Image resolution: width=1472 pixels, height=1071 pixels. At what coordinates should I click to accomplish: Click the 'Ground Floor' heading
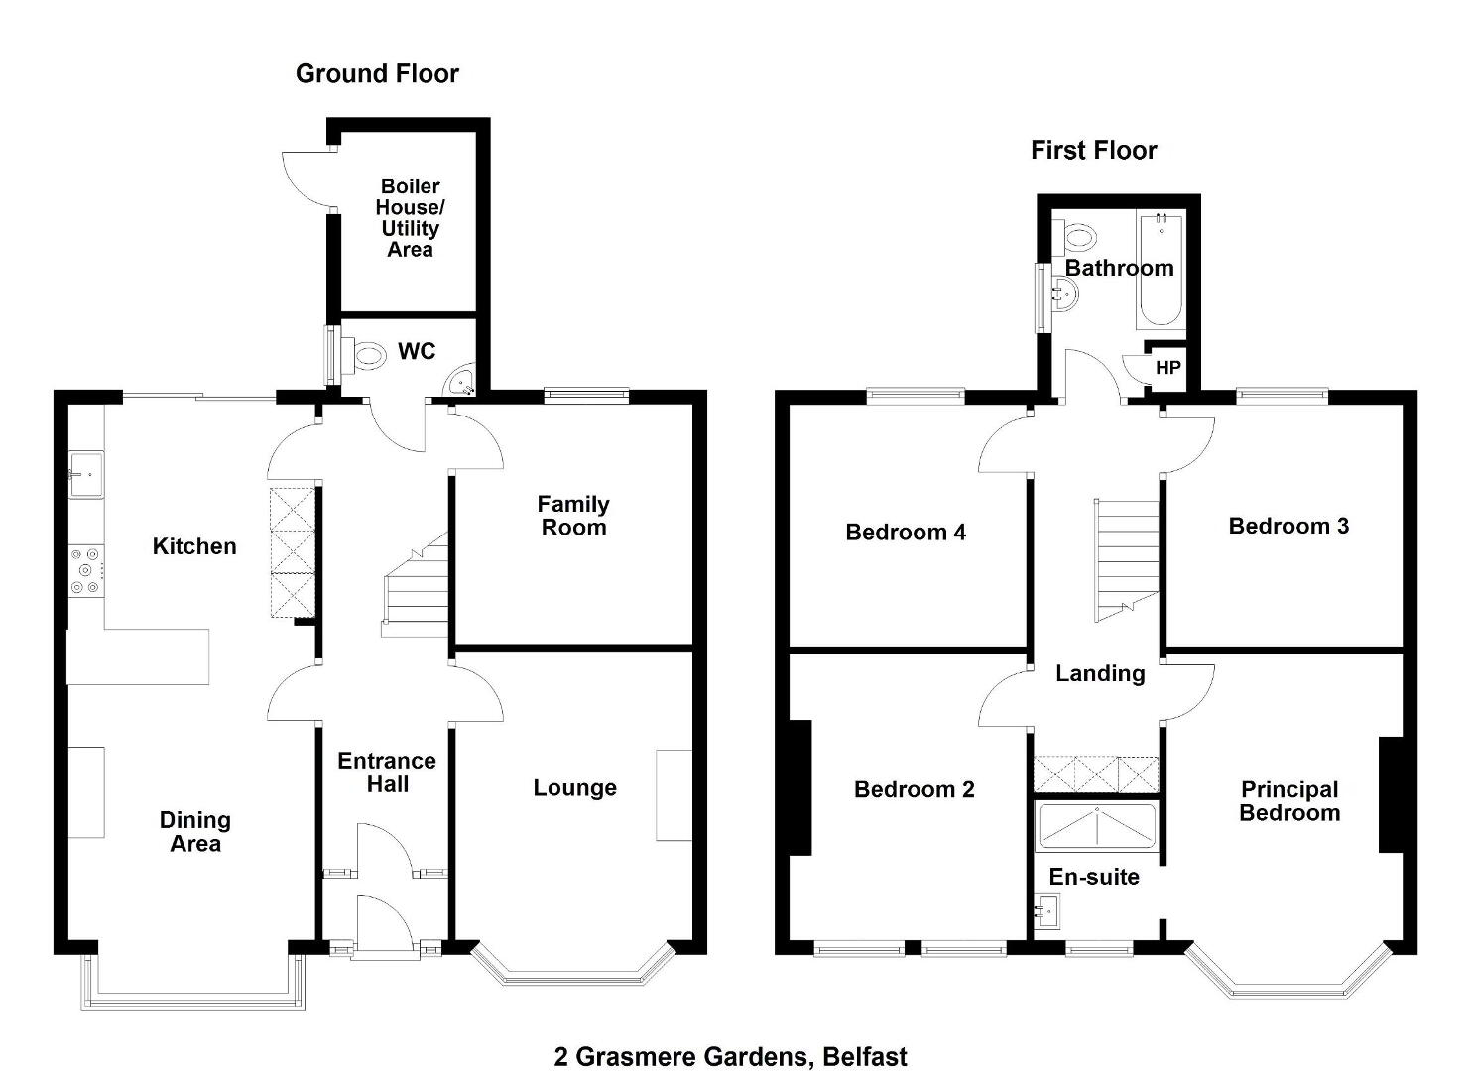click(x=377, y=74)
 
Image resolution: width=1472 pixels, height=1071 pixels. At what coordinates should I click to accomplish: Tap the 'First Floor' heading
click(x=1093, y=151)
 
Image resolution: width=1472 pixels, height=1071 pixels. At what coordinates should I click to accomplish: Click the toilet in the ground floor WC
click(x=364, y=355)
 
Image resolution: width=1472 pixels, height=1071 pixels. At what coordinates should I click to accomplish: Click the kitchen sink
click(x=86, y=474)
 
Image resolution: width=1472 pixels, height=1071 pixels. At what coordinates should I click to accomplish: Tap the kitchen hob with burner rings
click(x=86, y=571)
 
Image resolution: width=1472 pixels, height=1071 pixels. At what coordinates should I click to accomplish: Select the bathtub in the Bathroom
click(x=1161, y=270)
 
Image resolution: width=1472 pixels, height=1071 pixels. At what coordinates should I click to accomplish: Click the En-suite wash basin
click(x=1046, y=911)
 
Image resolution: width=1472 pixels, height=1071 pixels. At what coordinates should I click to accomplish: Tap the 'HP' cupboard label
click(x=1167, y=368)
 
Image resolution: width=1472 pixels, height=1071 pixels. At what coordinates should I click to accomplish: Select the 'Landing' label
click(x=1099, y=674)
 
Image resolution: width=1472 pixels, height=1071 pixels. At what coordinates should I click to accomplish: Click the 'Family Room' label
click(x=573, y=516)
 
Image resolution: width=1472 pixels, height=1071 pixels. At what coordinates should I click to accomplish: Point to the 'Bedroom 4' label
click(x=906, y=533)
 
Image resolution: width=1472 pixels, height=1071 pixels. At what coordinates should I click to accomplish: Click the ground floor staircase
click(x=415, y=584)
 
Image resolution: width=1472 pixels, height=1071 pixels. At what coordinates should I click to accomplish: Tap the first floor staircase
click(x=1126, y=560)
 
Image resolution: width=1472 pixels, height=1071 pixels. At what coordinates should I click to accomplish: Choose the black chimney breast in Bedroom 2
click(x=799, y=787)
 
